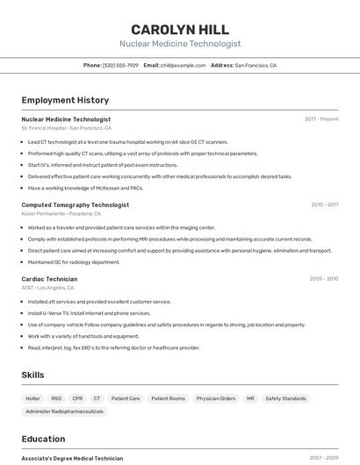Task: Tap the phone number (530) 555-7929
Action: [120, 65]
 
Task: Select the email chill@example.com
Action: [176, 65]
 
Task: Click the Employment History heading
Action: [65, 100]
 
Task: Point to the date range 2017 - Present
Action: [321, 119]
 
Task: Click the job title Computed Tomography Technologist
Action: [75, 204]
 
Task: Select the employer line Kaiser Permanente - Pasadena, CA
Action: [61, 213]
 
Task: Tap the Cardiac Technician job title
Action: [49, 279]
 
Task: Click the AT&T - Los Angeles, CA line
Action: [47, 288]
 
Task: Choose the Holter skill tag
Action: [33, 398]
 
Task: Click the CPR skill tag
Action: [77, 398]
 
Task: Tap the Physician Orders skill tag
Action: [215, 398]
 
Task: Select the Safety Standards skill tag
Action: [285, 398]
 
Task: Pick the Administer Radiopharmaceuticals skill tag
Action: [64, 411]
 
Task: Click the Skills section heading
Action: [32, 375]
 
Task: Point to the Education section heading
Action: [43, 439]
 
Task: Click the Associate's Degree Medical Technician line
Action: [72, 458]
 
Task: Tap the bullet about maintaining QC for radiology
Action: [74, 261]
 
